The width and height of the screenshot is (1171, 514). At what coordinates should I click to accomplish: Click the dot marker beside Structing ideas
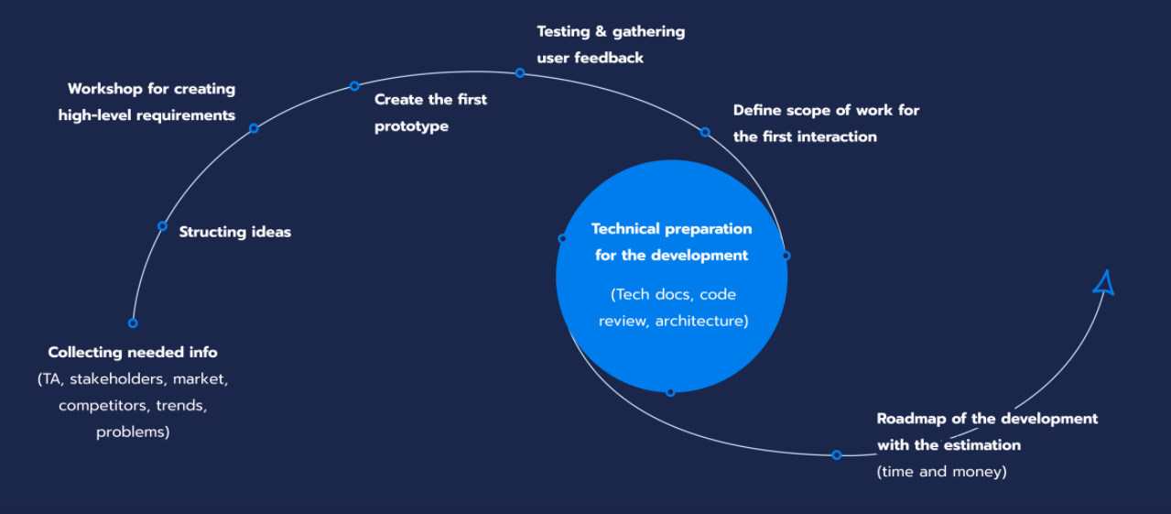162,225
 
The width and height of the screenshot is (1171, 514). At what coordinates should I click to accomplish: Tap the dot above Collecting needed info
133,323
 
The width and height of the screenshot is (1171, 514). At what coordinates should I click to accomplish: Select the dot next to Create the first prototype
354,86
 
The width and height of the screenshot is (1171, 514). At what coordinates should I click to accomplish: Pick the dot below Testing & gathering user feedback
519,72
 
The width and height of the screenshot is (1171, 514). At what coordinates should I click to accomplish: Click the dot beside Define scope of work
705,132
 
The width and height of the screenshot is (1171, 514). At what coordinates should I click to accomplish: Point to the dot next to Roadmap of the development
836,454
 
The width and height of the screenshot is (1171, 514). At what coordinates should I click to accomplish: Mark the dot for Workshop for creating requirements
254,128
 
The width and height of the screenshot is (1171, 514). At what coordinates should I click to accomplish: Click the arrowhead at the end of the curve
1104,283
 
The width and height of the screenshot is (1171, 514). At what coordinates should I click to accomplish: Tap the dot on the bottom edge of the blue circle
670,392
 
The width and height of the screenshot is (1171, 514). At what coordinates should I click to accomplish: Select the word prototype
411,126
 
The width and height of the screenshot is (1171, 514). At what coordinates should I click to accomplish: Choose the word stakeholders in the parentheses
117,377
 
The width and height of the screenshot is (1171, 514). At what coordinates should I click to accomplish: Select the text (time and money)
941,472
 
